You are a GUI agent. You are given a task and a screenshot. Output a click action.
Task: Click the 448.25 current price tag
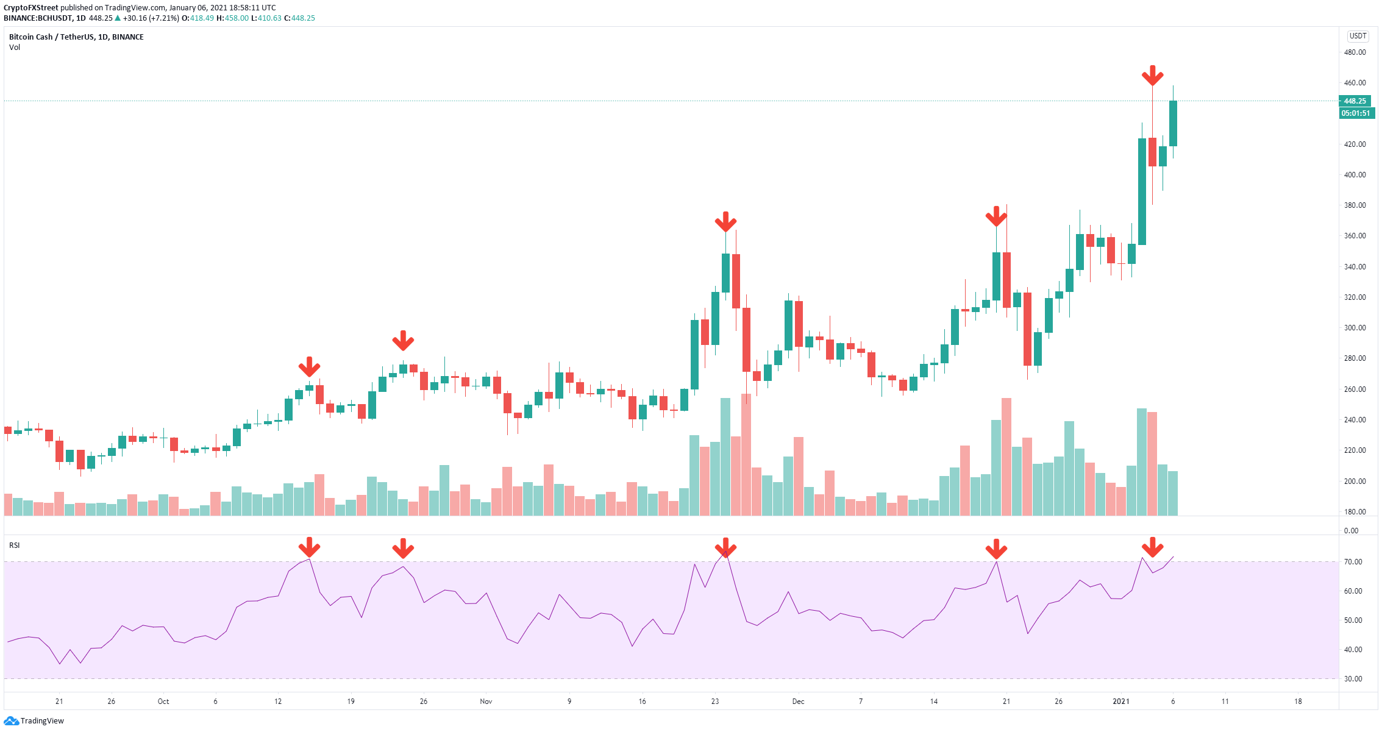1355,101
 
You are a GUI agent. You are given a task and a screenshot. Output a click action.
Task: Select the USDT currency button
1358,36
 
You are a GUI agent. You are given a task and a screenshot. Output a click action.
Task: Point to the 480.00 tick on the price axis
1355,52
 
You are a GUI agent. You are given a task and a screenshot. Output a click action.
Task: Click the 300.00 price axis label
1355,328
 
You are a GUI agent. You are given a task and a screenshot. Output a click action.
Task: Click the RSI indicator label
14,545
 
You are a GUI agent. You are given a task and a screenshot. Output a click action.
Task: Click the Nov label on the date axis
486,702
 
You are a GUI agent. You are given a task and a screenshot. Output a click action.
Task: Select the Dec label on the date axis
798,702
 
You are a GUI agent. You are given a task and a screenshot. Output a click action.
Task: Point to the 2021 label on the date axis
1121,702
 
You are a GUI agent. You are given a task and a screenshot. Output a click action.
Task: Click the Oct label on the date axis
163,702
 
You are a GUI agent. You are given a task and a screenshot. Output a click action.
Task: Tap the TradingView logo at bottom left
34,720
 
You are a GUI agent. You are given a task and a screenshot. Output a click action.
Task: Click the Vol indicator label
14,48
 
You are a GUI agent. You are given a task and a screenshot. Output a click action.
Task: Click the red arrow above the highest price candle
1152,76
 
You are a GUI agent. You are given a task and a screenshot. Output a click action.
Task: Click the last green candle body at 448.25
1173,123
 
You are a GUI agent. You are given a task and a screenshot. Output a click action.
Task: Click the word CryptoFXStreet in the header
31,8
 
